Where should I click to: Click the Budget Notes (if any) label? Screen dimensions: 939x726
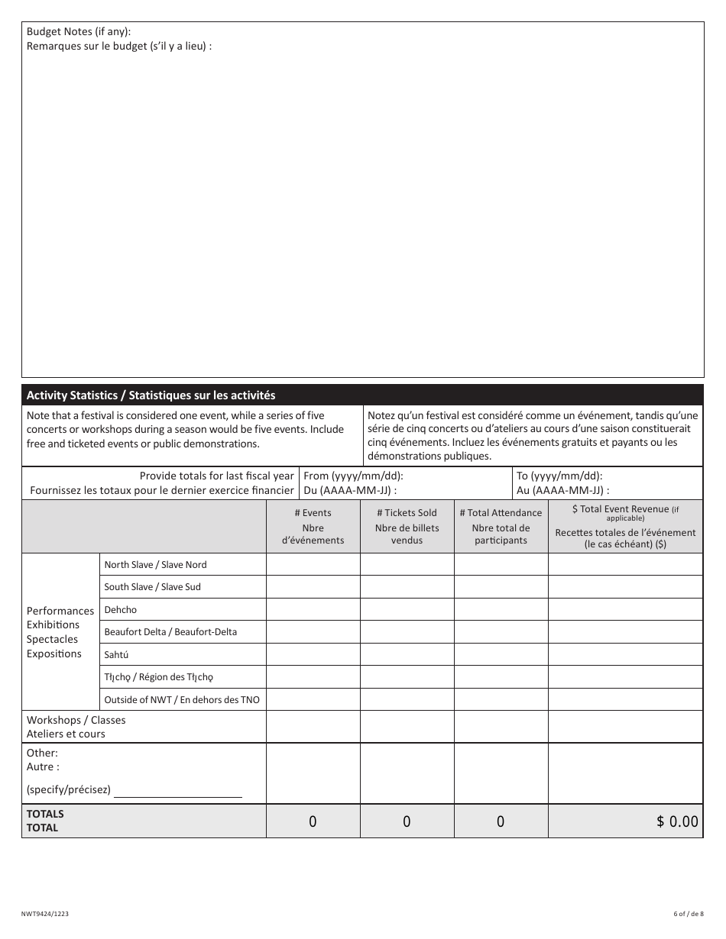(x=79, y=31)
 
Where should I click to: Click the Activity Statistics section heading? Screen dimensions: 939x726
(x=151, y=395)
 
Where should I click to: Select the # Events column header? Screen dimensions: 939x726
(x=313, y=526)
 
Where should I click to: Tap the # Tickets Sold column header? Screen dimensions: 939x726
(x=407, y=526)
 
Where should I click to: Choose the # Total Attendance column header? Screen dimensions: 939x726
(x=501, y=526)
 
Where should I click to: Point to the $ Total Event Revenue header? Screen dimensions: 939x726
(x=625, y=527)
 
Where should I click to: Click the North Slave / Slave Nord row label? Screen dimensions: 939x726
(x=155, y=565)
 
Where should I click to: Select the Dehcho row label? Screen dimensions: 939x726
(x=121, y=610)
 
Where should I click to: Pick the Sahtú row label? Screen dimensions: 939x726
(x=116, y=655)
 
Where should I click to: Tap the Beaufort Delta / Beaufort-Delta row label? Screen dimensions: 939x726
(x=170, y=632)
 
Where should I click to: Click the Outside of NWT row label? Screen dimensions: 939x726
(x=181, y=700)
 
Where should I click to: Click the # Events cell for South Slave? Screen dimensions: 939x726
(x=313, y=587)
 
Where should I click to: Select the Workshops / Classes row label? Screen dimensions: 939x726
(x=76, y=727)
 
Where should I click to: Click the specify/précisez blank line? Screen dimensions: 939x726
(x=177, y=791)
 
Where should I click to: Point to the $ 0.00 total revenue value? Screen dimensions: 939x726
(x=676, y=821)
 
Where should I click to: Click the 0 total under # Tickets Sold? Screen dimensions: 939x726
(x=407, y=821)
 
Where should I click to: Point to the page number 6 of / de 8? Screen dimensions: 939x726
(x=687, y=914)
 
